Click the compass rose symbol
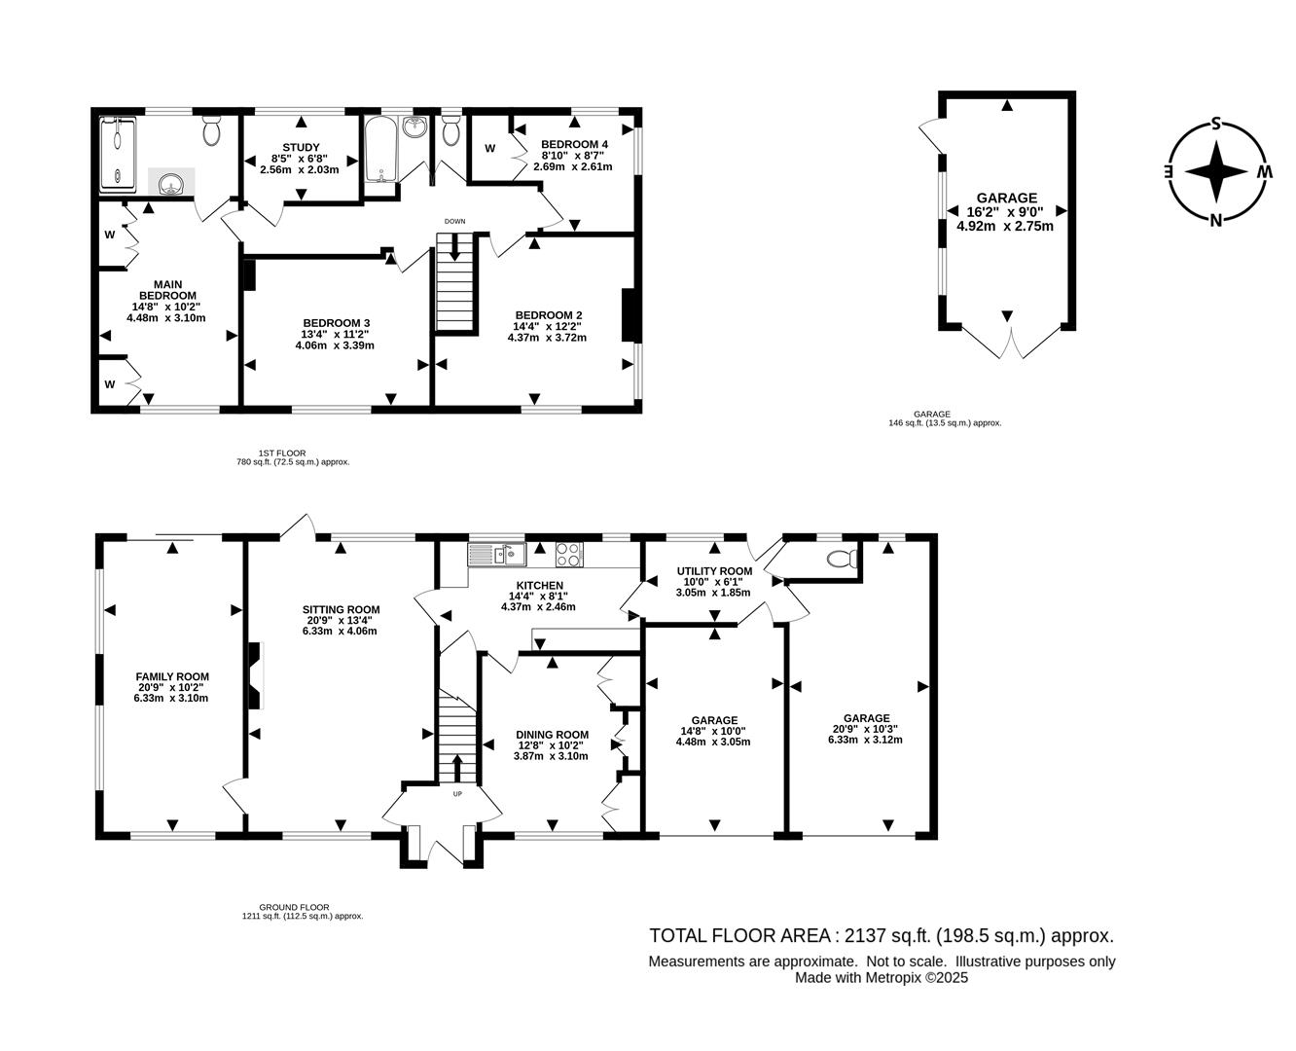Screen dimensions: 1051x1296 (1215, 171)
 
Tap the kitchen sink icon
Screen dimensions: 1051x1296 (496, 555)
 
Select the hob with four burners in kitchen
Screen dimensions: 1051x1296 (569, 554)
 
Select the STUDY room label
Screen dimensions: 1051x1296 (301, 147)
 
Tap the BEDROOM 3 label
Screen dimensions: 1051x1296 (337, 323)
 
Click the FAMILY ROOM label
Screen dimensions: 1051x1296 (172, 676)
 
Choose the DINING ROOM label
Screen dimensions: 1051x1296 (553, 735)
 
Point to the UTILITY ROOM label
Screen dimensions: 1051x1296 (714, 571)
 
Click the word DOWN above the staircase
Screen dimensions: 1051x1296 (454, 222)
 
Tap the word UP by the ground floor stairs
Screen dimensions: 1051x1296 (457, 794)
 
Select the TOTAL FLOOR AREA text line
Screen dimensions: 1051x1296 (881, 936)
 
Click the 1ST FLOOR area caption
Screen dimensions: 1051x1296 (282, 453)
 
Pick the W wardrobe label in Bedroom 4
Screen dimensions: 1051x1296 (490, 148)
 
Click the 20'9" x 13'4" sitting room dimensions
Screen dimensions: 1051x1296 (340, 621)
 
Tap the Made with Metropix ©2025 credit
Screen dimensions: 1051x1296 (881, 979)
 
